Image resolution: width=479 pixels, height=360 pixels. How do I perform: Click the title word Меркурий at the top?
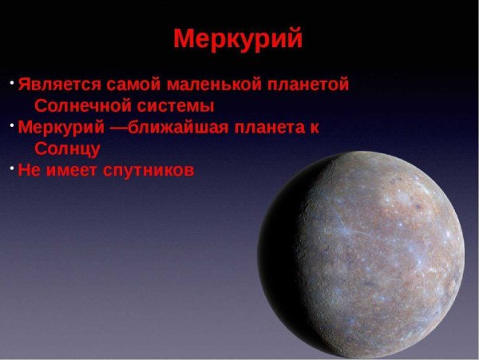238,38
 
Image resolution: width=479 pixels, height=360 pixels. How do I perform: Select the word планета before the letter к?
267,128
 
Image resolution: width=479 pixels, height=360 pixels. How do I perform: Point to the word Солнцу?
68,149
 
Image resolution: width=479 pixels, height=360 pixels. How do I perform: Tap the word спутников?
149,171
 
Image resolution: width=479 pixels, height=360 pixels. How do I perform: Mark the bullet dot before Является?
13,81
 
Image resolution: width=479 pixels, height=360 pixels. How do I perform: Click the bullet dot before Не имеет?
13,168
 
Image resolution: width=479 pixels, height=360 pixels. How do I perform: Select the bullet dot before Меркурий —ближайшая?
13,125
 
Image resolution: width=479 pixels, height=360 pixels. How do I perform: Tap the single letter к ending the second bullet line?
314,128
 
